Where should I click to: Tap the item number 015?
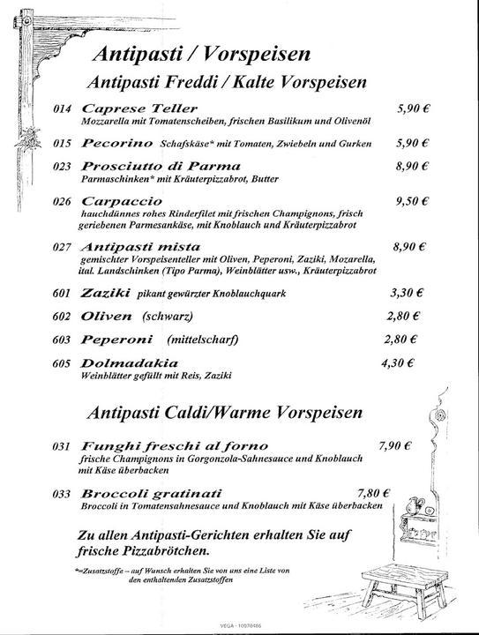pyautogui.click(x=61, y=143)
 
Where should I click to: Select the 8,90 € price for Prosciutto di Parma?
pyautogui.click(x=411, y=166)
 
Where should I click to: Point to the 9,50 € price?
pyautogui.click(x=411, y=201)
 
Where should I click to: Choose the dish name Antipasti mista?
pyautogui.click(x=140, y=246)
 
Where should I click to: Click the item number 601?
pyautogui.click(x=61, y=293)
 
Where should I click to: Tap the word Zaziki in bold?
pyautogui.click(x=104, y=293)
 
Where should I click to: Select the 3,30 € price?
pyautogui.click(x=407, y=293)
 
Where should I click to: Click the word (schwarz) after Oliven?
pyautogui.click(x=167, y=316)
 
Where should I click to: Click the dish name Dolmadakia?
pyautogui.click(x=129, y=362)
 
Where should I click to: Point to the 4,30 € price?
pyautogui.click(x=397, y=362)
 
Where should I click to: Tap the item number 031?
pyautogui.click(x=61, y=446)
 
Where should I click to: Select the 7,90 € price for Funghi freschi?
pyautogui.click(x=394, y=446)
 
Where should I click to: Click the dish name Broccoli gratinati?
pyautogui.click(x=151, y=493)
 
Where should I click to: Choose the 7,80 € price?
pyautogui.click(x=374, y=493)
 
